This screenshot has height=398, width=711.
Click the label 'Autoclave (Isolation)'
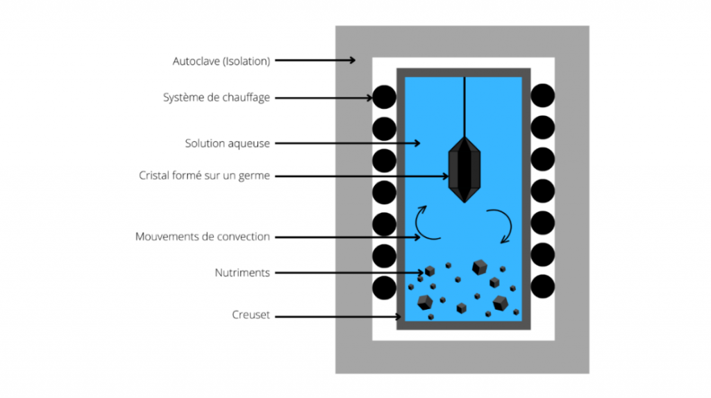tap(221, 61)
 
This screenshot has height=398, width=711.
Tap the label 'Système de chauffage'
tap(217, 97)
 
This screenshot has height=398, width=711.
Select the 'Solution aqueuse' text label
tap(227, 143)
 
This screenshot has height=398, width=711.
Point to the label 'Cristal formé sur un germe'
tap(204, 176)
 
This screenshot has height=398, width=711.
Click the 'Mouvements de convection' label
tap(202, 236)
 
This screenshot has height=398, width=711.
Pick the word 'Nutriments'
tap(242, 273)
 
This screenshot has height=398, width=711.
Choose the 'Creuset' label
tap(251, 315)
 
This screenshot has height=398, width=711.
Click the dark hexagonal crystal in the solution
tap(465, 169)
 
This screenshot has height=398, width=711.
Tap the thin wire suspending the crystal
tap(465, 107)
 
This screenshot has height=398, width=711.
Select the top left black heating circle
tap(384, 97)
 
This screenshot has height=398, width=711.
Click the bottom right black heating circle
tap(543, 286)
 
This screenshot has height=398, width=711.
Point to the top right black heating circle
tap(543, 96)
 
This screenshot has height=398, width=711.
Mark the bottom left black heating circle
tap(384, 288)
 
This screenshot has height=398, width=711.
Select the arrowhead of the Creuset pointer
tap(399, 316)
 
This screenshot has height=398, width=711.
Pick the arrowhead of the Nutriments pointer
tap(421, 273)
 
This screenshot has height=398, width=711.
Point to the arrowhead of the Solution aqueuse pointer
tap(417, 143)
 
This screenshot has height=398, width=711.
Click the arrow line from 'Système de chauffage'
tap(324, 97)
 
